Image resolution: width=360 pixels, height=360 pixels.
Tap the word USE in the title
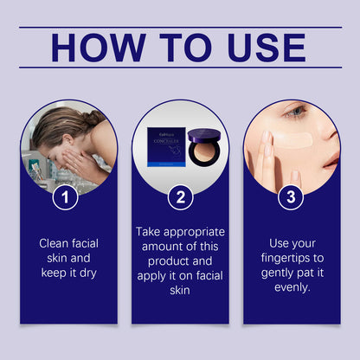pos(267,48)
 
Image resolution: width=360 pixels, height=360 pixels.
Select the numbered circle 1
pos(65,197)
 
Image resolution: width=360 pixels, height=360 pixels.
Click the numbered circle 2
pos(180,197)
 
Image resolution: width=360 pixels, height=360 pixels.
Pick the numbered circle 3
pos(291,197)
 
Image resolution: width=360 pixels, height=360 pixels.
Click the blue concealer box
pos(166,147)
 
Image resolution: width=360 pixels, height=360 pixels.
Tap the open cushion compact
pos(204,147)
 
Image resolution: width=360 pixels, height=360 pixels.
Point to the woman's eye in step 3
pos(295,112)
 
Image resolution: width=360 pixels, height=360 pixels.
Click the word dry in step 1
pos(88,273)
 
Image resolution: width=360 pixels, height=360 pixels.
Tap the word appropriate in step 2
pos(194,233)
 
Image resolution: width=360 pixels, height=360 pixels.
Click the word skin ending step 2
pos(180,290)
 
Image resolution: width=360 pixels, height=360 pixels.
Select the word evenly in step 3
pos(292,287)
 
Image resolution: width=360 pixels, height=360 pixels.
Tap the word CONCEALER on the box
pos(166,141)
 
